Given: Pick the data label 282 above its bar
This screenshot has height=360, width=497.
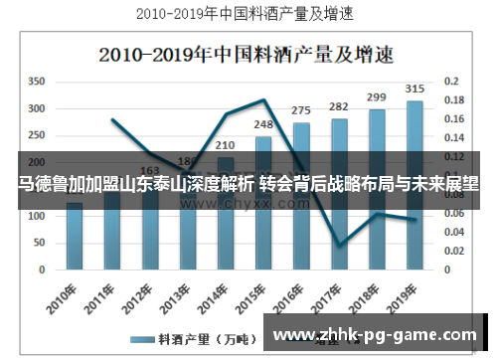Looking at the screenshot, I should tap(339, 106).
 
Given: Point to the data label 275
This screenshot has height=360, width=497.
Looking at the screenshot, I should tap(301, 110).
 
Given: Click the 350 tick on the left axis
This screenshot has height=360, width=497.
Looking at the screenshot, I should tap(37, 81).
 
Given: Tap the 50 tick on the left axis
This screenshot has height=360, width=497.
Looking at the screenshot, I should tap(40, 242).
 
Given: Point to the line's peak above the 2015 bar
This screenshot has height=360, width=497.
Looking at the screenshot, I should tap(263, 99).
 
